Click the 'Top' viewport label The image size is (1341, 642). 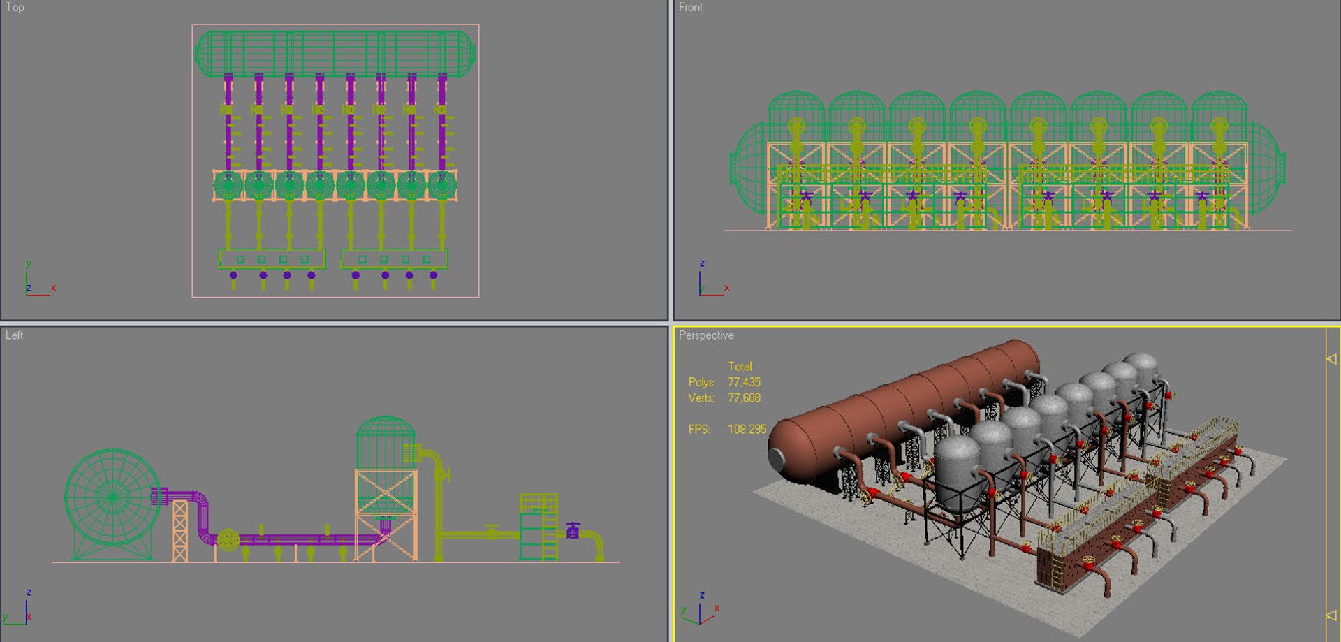point(15,8)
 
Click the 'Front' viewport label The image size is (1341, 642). point(690,8)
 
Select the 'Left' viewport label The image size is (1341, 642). point(14,335)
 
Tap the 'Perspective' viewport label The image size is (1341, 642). point(706,335)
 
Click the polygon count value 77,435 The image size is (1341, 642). point(744,382)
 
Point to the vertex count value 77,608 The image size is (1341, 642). point(744,398)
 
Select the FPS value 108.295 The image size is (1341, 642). point(747,429)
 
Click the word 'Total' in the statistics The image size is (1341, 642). point(740,367)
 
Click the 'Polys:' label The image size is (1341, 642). point(702,382)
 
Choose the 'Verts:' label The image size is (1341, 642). point(701,398)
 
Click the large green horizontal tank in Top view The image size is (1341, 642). point(335,53)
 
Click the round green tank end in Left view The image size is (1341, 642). point(112,497)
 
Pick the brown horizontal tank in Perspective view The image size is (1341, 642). point(908,412)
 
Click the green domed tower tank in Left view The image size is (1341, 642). point(385,444)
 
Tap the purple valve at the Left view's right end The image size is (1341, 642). point(573,531)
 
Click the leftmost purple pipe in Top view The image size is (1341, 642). point(228,122)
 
